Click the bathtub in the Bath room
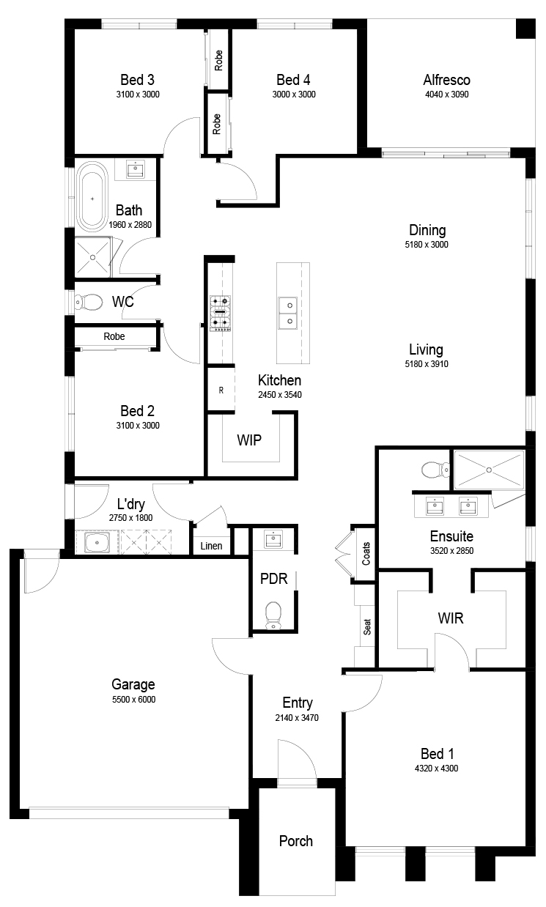coord(93,196)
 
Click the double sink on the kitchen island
coord(287,313)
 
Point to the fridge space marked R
coord(221,390)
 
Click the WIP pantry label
coord(249,440)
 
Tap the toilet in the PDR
coord(273,615)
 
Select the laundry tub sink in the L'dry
coord(97,542)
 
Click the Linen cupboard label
coord(211,546)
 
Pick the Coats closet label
coord(366,554)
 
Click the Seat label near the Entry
coord(367,627)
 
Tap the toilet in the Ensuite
coord(435,470)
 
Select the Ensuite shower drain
coord(489,470)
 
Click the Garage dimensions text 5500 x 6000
coord(133,699)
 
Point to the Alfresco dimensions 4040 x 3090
coord(447,95)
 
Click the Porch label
coord(295,841)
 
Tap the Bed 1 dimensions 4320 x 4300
coord(436,768)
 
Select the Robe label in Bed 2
coord(114,336)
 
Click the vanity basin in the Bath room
coord(136,169)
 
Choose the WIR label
coord(451,618)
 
